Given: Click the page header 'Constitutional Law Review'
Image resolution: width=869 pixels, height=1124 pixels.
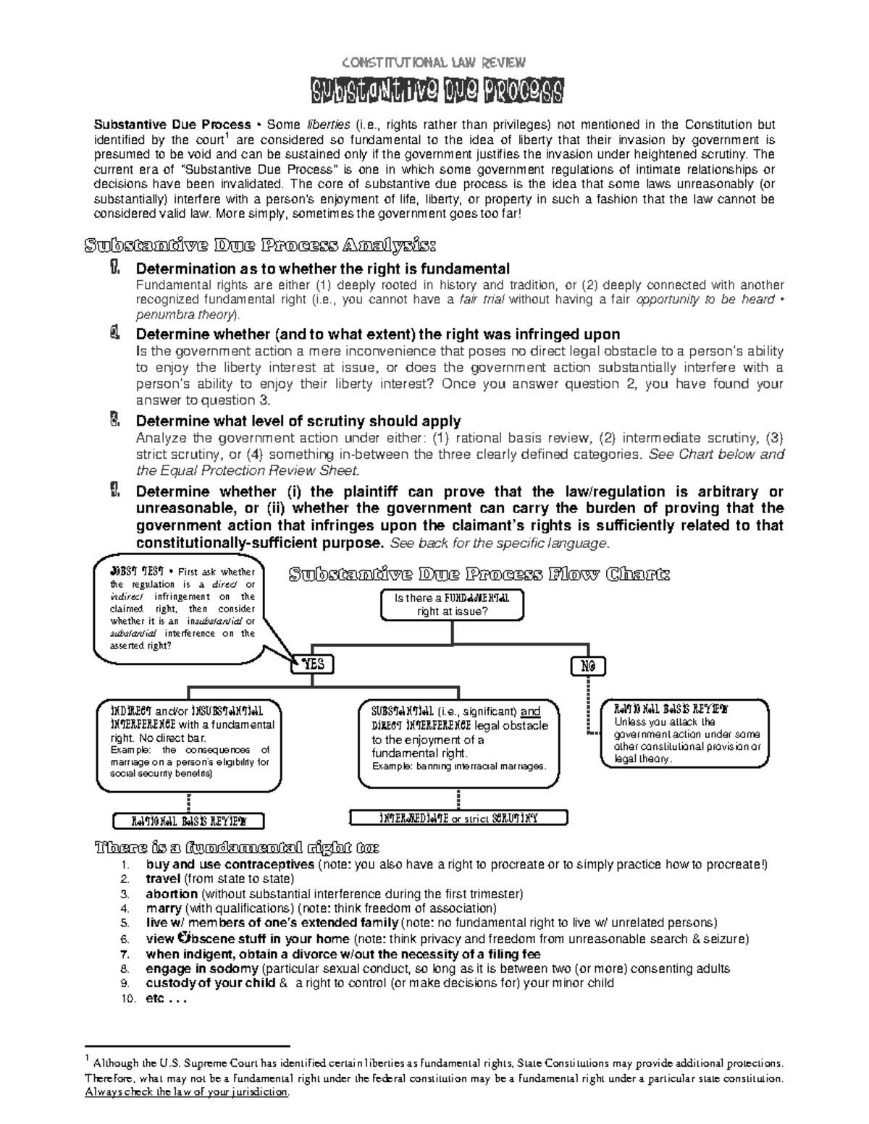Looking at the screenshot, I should (434, 62).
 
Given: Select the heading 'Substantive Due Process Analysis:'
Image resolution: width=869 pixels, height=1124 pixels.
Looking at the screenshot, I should (261, 244).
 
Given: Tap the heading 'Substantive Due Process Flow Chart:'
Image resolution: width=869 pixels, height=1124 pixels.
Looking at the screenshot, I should (479, 575).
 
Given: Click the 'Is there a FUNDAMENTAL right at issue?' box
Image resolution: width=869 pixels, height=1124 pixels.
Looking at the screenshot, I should (452, 605).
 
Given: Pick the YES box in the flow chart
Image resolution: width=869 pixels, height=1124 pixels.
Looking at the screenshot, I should (313, 664).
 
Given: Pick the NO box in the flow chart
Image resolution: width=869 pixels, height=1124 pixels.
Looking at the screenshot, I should (588, 666).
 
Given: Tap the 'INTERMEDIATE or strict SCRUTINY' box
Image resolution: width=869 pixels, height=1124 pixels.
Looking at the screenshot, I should (458, 818).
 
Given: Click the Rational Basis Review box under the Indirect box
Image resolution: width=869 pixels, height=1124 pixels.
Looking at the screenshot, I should (188, 821).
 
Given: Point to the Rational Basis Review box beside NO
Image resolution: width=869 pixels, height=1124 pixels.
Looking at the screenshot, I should (684, 732).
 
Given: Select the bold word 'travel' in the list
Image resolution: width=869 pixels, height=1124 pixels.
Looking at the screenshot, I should (163, 879).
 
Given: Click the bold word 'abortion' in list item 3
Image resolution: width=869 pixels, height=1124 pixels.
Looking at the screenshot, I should (172, 894).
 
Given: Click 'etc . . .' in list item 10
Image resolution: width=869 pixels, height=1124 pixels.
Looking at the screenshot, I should (166, 999).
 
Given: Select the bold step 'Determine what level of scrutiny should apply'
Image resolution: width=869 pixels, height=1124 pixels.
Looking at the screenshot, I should (298, 421).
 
